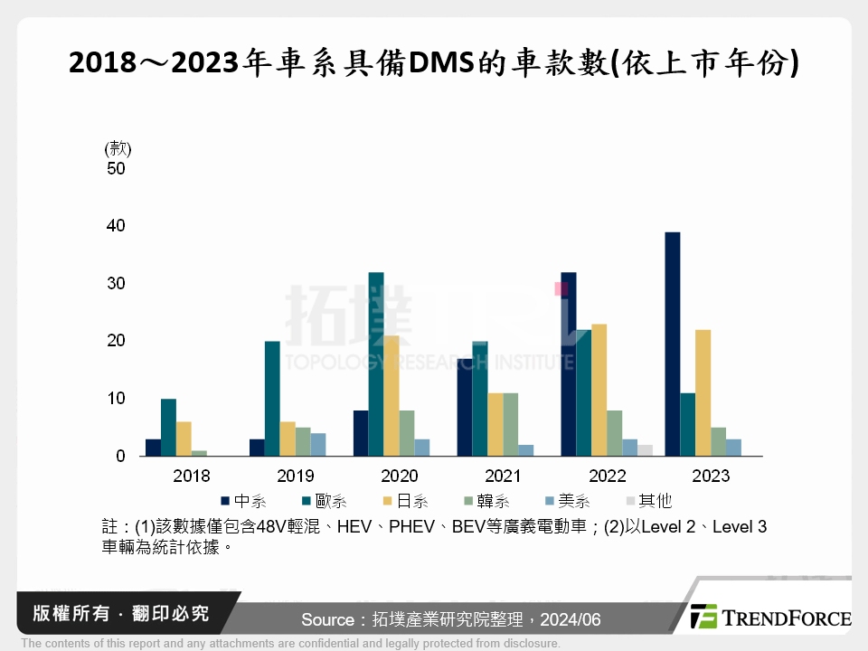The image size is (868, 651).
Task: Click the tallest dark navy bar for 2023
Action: pyautogui.click(x=673, y=344)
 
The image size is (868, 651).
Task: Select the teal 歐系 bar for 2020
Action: pyautogui.click(x=375, y=363)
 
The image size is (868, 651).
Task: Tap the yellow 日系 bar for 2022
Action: pyautogui.click(x=599, y=390)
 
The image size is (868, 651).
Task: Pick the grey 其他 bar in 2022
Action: pyautogui.click(x=645, y=450)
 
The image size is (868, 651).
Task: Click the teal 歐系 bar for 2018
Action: pyautogui.click(x=168, y=427)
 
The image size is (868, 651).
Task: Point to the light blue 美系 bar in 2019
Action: pyautogui.click(x=318, y=445)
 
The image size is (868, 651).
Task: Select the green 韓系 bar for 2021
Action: pyautogui.click(x=511, y=425)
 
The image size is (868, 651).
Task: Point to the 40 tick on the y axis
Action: pyautogui.click(x=116, y=225)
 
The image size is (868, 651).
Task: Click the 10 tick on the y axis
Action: pyautogui.click(x=116, y=399)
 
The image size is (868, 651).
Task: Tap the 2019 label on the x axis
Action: pyautogui.click(x=295, y=476)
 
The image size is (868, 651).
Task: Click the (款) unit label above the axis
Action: pyautogui.click(x=118, y=148)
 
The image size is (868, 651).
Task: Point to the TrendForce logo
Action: pyautogui.click(x=769, y=618)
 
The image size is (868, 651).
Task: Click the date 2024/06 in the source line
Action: pyautogui.click(x=570, y=619)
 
